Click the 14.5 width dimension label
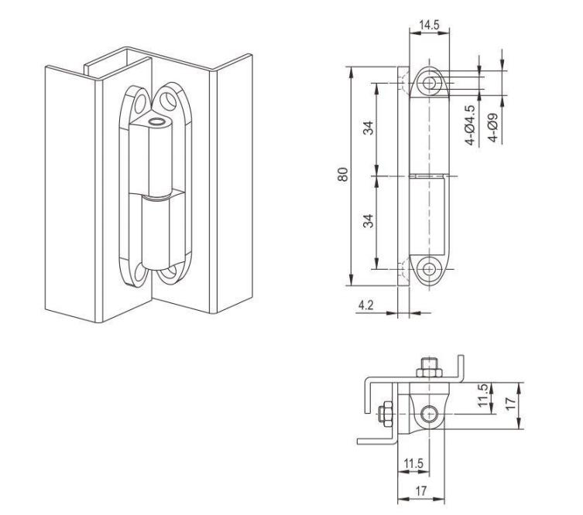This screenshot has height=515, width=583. pos(429,26)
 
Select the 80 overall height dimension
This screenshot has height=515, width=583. pos(343,175)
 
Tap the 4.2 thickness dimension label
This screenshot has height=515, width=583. pos(365,305)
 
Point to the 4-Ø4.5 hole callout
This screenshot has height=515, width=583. pos(470,125)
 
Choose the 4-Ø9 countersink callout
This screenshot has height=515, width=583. pos(493,127)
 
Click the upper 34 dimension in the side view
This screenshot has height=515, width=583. pos(368,128)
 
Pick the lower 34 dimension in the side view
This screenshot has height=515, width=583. pos(368,221)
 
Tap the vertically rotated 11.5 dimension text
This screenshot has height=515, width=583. pos(483,395)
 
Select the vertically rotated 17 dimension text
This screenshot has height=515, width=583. pos(511,403)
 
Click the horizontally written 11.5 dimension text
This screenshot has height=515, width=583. pos(413,463)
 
